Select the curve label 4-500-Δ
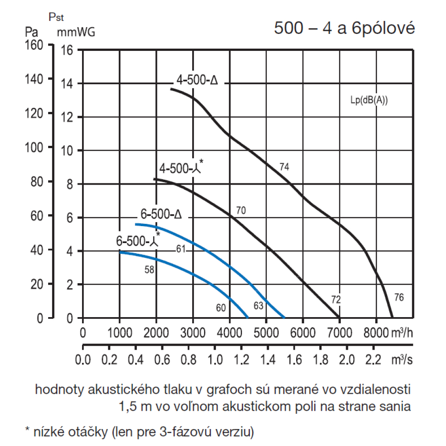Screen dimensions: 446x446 coord(197,81)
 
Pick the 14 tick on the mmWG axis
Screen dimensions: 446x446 coord(66,83)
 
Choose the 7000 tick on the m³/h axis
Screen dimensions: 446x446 coord(339,333)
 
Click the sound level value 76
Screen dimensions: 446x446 coord(399,297)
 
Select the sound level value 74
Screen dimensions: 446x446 coord(285,167)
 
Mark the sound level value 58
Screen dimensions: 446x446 coord(150,269)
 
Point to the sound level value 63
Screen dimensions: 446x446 coord(259,306)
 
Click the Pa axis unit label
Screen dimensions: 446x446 coord(31,32)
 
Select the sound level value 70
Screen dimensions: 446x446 coord(241,210)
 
